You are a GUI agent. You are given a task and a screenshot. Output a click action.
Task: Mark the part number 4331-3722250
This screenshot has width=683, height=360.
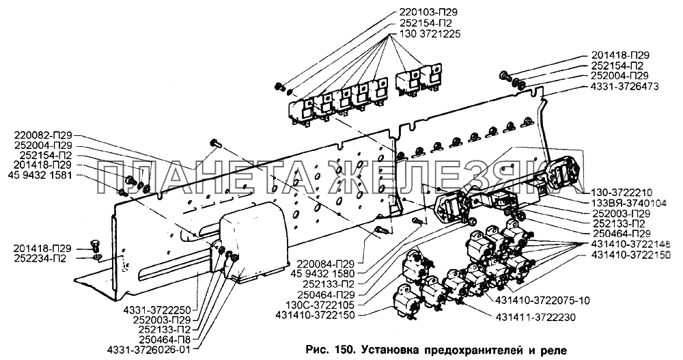pyautogui.click(x=158, y=309)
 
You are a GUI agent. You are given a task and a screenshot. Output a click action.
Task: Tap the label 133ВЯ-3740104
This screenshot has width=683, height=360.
pyautogui.click(x=627, y=204)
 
